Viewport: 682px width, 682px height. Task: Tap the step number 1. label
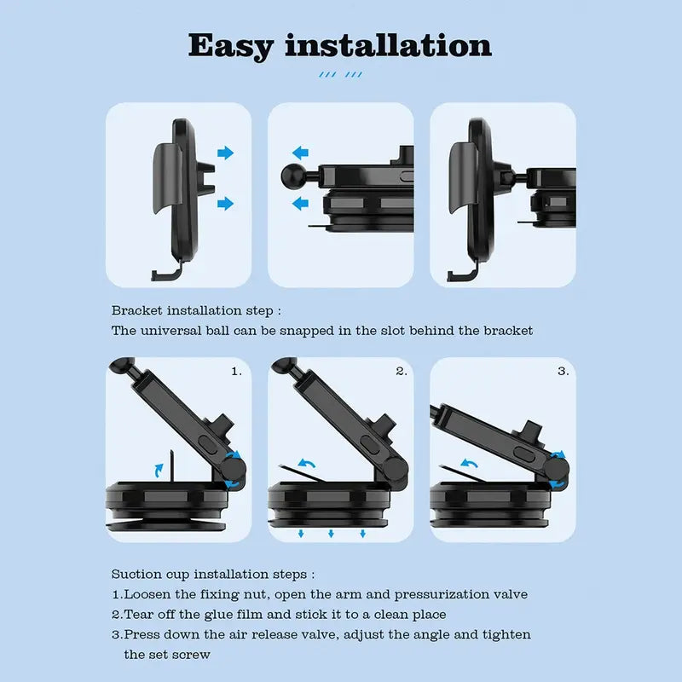click(236, 371)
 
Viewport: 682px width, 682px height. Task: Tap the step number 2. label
click(401, 371)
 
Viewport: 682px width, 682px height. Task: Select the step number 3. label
click(563, 371)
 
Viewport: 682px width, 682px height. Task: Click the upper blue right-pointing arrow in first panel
click(225, 153)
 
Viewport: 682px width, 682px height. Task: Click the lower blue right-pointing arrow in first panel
click(225, 203)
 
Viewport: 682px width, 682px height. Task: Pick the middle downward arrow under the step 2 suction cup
click(331, 534)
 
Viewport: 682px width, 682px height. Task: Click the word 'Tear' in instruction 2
click(139, 614)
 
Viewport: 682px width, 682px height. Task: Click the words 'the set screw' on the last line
click(166, 654)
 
